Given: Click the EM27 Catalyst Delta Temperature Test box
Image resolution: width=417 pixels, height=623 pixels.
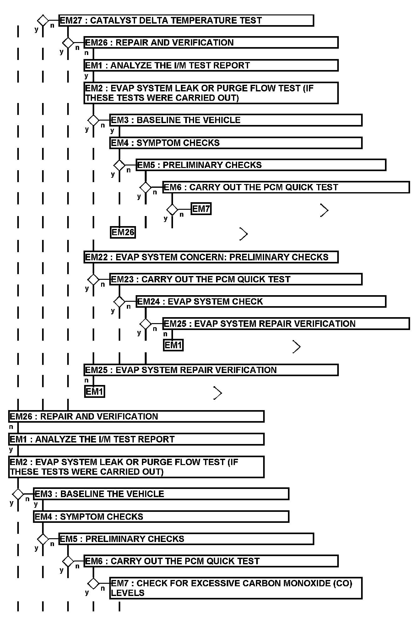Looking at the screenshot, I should coord(186,20).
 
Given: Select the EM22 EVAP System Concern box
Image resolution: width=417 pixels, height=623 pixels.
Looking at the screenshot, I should coord(211,257).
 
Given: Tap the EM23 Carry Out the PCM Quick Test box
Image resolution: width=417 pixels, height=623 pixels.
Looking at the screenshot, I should coord(236,279).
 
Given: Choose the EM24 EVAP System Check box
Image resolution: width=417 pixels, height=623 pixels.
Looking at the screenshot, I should coord(261,301).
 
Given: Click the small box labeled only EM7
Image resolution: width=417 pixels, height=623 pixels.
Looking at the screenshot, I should coord(201,209).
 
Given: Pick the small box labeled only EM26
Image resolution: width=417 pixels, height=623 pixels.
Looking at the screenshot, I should coord(123,232).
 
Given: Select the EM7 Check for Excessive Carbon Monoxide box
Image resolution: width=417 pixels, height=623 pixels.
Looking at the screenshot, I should coord(236,588).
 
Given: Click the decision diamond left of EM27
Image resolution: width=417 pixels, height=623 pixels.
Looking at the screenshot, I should coord(43,20).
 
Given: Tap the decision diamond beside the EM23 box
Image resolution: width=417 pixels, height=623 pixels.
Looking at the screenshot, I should coord(93,279).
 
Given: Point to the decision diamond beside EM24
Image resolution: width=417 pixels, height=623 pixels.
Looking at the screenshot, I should coord(119,301).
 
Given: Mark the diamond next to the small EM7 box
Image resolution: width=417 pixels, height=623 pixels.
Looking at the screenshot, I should coord(172,209).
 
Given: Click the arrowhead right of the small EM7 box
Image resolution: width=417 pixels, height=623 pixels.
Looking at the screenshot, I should coord(324,210).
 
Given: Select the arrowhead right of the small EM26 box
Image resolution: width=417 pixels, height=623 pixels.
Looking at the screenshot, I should coord(244,234).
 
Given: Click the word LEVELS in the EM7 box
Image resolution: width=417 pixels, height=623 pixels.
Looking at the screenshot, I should coord(127,593).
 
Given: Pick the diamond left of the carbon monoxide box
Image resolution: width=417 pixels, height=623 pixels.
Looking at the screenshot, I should coord(93,583).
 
